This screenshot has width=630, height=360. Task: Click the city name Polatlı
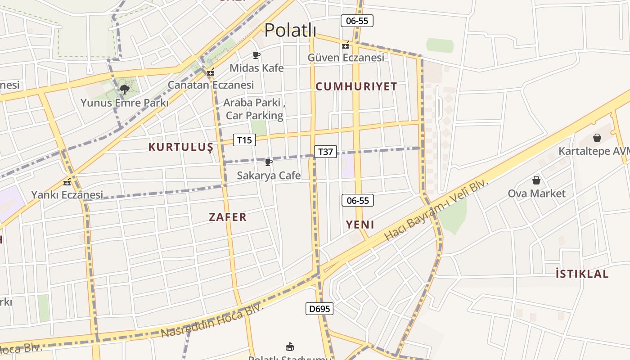[290, 30]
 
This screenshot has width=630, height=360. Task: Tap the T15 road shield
[244, 140]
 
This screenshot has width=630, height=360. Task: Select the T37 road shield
[325, 152]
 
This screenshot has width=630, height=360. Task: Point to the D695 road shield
[319, 309]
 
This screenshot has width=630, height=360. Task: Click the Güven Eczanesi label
[346, 58]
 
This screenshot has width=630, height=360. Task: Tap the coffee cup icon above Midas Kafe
[256, 55]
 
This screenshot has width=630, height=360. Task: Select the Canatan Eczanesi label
[211, 85]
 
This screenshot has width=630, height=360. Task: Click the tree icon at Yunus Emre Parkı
[125, 90]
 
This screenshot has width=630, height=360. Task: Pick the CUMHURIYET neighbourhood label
[356, 86]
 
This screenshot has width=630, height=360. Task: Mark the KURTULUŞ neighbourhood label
[180, 147]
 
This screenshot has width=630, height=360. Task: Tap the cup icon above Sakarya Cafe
[269, 162]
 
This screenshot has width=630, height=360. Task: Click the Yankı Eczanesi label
[67, 195]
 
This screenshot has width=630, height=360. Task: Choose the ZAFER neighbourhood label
[228, 217]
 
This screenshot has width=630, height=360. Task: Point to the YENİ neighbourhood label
[360, 225]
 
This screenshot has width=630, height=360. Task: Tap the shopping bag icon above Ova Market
[536, 180]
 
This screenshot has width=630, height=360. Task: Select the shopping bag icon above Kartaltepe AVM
[597, 138]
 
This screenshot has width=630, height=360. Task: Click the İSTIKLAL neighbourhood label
[582, 274]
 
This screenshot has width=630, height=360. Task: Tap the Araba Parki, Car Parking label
[255, 109]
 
